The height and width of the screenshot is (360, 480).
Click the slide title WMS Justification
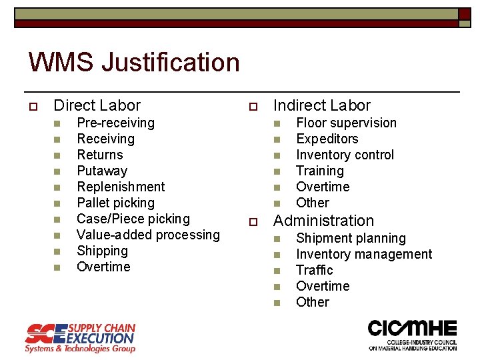[133, 63]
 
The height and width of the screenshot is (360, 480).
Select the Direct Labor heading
[97, 105]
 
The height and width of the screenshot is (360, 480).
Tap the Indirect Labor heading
[321, 105]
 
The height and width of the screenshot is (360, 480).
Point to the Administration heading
[325, 221]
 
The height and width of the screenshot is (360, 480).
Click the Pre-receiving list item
[115, 123]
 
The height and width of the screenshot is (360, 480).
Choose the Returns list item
[100, 155]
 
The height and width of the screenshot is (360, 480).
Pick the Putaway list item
[102, 171]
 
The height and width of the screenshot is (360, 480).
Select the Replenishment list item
[121, 187]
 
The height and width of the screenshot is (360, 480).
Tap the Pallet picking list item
[115, 203]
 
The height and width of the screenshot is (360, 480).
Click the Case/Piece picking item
[133, 219]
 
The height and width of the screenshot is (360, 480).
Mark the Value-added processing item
[148, 235]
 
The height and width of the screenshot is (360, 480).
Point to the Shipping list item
[102, 251]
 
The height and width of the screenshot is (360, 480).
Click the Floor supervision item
[346, 123]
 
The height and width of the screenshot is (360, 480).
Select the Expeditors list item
[327, 139]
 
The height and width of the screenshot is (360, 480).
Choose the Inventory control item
[345, 155]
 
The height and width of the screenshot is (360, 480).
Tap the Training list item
[319, 171]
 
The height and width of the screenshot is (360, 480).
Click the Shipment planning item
[351, 238]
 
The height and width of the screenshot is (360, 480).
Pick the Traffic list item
[314, 270]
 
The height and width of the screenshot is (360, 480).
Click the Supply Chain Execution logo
[80, 337]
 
